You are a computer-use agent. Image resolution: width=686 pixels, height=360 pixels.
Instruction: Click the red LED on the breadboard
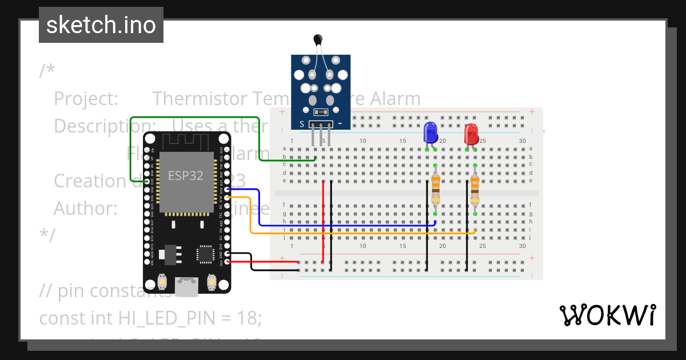(471, 134)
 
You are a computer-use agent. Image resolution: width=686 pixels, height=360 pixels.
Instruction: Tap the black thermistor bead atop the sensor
(318, 39)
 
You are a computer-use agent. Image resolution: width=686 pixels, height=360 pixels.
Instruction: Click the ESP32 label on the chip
(185, 175)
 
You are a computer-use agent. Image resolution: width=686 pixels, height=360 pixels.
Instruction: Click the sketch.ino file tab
(101, 25)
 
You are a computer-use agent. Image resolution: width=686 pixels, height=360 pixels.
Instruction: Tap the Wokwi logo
(607, 315)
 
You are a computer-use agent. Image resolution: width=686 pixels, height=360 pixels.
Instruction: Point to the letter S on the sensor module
(302, 123)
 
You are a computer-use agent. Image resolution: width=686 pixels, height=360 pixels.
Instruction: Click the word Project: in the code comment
(86, 99)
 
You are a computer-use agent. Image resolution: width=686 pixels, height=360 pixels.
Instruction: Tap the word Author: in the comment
(86, 209)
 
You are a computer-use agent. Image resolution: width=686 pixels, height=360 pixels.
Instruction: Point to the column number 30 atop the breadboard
(523, 141)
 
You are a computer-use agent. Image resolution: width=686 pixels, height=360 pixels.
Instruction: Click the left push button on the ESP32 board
(163, 281)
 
